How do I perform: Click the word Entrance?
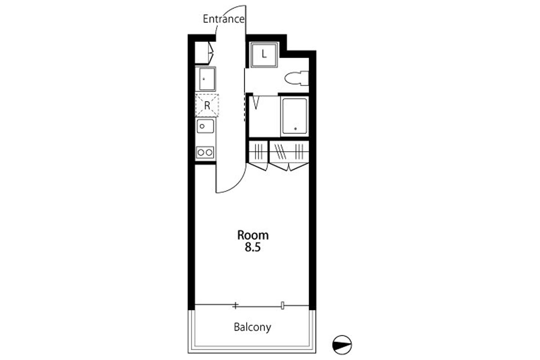(x=224, y=19)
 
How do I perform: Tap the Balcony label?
(x=252, y=328)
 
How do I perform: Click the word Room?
(x=253, y=235)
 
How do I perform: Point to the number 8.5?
(x=253, y=247)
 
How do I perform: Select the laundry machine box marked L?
(x=264, y=54)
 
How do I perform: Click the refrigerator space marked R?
(x=207, y=105)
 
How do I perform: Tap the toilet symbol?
(x=296, y=78)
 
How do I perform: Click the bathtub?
(x=295, y=116)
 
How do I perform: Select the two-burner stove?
(x=205, y=153)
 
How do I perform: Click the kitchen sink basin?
(x=205, y=126)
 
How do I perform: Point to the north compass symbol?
(x=342, y=345)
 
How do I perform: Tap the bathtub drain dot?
(x=295, y=129)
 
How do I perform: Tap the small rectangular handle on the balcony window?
(x=283, y=305)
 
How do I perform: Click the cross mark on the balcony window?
(x=235, y=306)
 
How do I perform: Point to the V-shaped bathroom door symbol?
(x=256, y=103)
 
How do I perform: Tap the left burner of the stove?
(x=201, y=153)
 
